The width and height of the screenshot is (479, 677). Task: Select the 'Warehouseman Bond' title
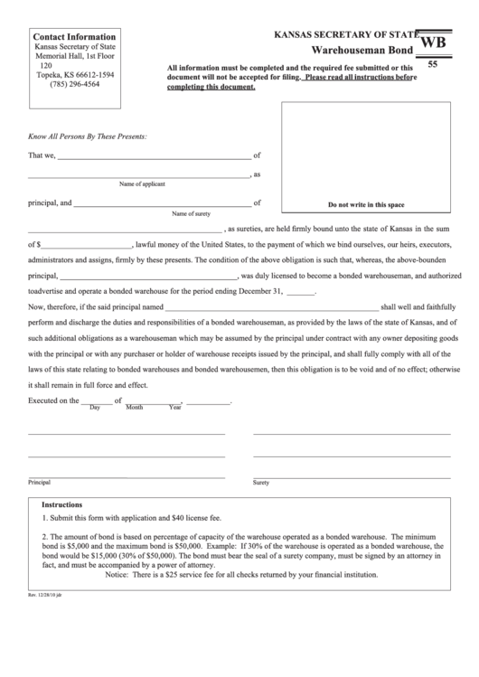click(363, 51)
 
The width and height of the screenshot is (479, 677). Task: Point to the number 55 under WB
click(432, 65)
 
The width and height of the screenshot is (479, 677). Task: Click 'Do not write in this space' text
click(365, 205)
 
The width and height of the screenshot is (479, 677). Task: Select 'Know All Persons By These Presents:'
click(87, 136)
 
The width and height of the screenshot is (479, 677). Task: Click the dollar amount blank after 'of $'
click(87, 244)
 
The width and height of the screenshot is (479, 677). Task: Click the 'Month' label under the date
click(135, 408)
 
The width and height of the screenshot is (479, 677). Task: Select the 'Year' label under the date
click(175, 408)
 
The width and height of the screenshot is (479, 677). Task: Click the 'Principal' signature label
click(40, 483)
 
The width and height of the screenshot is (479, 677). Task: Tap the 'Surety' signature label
click(261, 483)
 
